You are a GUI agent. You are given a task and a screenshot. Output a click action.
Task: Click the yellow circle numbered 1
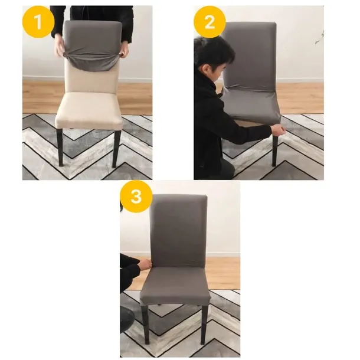(x=38, y=22)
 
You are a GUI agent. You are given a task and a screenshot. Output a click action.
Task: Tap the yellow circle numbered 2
(x=210, y=22)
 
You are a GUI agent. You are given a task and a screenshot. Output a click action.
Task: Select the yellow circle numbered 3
(x=136, y=197)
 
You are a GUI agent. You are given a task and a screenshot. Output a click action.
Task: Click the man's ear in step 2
(x=206, y=68)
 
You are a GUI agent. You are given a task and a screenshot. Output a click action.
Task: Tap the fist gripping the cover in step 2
(x=279, y=130)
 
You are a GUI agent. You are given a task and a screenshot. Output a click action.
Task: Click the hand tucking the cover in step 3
(x=145, y=264)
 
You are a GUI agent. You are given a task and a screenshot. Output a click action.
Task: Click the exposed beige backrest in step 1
(x=91, y=77)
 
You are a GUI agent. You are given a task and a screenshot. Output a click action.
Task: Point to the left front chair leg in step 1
(x=60, y=148)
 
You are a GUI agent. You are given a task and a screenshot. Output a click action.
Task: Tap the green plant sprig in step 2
(x=320, y=38)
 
